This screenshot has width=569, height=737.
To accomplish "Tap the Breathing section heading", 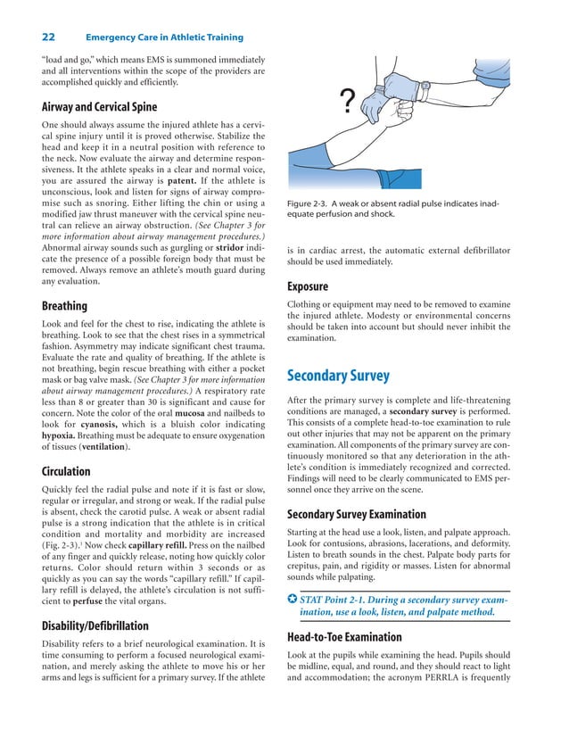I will [64, 306].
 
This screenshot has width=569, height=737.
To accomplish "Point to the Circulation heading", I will [66, 471].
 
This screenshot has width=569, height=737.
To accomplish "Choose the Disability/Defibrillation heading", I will [97, 624].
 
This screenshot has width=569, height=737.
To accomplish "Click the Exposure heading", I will [308, 286].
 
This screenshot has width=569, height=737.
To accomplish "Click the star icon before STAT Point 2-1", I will [291, 600].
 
